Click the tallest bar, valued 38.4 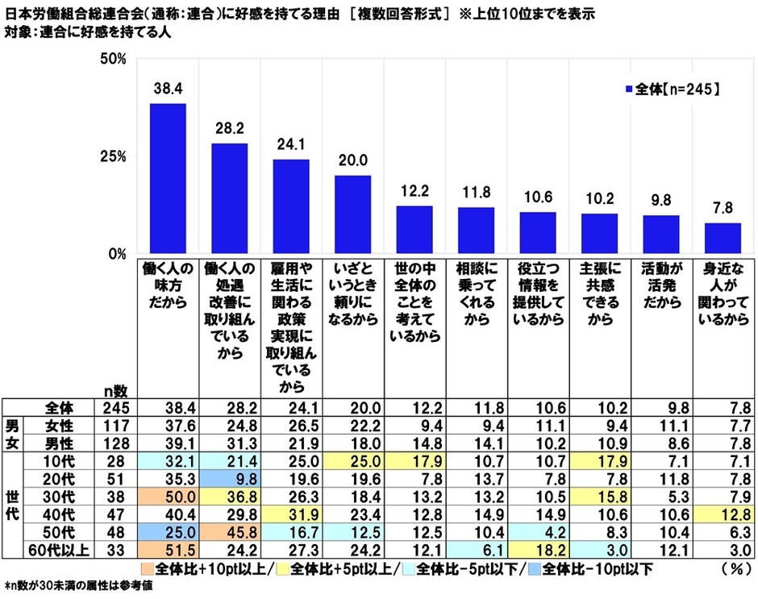click(168, 178)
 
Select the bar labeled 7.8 click(723, 238)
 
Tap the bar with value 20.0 click(352, 214)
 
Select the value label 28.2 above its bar click(229, 129)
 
